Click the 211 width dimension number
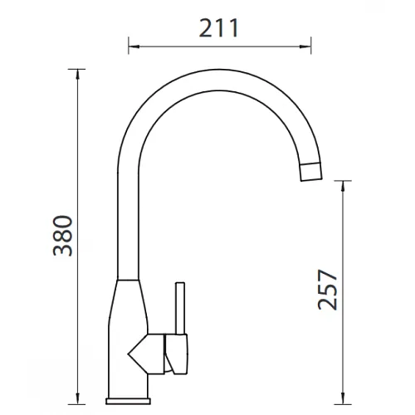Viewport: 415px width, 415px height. [x=218, y=28]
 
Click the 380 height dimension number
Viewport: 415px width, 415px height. [x=63, y=236]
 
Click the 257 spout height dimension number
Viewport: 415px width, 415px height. [x=328, y=289]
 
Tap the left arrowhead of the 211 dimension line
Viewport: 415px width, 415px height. [x=134, y=46]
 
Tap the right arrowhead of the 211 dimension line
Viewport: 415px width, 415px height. [x=306, y=46]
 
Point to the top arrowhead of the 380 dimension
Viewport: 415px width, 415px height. [x=78, y=74]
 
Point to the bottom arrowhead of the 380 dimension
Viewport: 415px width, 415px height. [x=78, y=399]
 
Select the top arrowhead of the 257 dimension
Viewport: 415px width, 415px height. [x=343, y=186]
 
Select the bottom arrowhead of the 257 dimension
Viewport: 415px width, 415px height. [x=343, y=399]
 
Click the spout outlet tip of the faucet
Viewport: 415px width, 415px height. [x=311, y=172]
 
